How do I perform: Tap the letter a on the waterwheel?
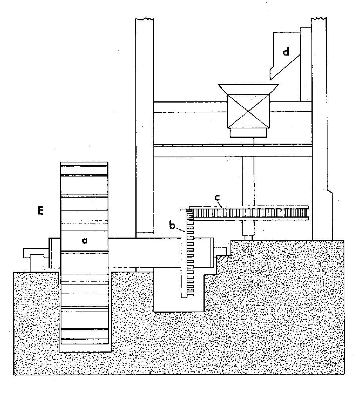click(84, 241)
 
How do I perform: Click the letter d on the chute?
click(287, 52)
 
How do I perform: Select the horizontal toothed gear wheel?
click(250, 213)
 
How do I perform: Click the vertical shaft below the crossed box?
click(248, 176)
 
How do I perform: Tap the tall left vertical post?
click(144, 117)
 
